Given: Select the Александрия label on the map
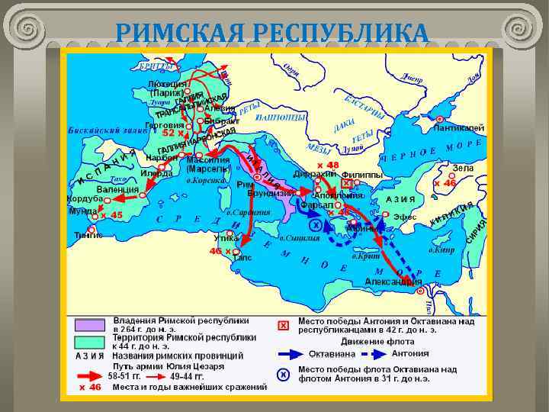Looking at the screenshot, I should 393,282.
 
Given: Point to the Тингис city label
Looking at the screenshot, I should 88,236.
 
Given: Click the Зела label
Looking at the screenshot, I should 463,168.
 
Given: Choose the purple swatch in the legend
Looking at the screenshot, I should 90,325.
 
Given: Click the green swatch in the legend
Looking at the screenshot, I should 90,341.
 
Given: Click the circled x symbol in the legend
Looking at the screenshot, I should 283,375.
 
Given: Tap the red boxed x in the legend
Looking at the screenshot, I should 283,326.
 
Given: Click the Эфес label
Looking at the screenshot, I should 404,217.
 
